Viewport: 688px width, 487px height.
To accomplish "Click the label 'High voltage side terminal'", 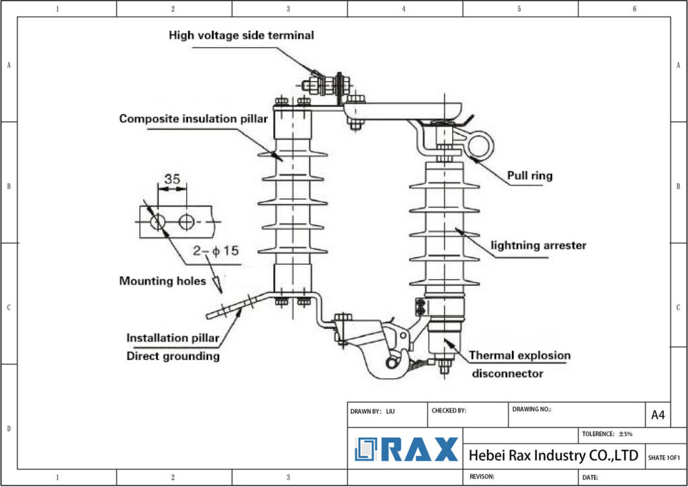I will [241, 35].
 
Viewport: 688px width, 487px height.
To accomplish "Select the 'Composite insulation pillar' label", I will [193, 119].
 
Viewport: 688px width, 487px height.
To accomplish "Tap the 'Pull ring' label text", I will [529, 176].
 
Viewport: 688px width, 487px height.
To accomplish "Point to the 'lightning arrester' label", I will [537, 245].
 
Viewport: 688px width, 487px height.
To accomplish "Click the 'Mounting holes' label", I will [163, 281].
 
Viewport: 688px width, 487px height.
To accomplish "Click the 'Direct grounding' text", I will [173, 356].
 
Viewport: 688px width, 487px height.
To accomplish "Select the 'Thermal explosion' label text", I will [519, 355].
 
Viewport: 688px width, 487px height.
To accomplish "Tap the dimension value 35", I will [173, 179].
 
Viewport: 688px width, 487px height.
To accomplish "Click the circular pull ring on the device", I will [480, 144].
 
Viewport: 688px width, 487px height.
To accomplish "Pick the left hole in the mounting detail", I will [158, 221].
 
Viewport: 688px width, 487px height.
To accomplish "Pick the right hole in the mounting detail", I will [186, 221].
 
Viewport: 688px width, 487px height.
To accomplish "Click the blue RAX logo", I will [407, 449].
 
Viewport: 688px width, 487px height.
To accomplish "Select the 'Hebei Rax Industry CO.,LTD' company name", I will [553, 455].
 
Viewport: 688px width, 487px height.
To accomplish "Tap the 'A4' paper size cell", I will [658, 415].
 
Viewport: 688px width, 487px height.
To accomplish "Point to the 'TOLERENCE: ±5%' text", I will [606, 434].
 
